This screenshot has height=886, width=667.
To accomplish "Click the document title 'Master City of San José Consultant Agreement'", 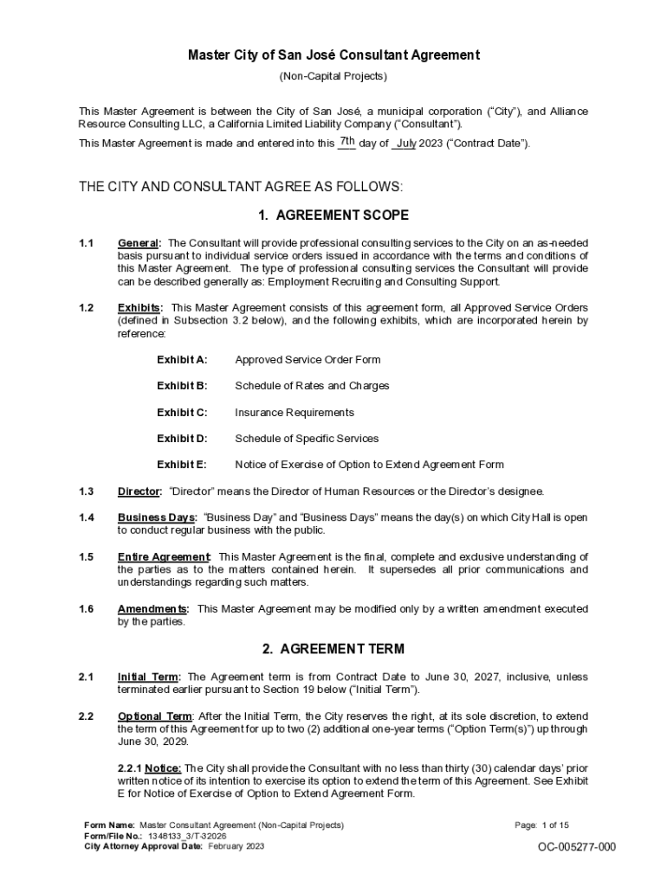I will (x=333, y=55).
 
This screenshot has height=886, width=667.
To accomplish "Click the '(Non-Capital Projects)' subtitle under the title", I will (x=333, y=76).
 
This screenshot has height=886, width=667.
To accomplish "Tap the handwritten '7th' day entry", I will (x=346, y=141).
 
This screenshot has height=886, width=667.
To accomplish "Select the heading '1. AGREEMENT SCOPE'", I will (x=333, y=215).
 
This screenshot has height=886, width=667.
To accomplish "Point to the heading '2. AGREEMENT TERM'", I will (x=333, y=649).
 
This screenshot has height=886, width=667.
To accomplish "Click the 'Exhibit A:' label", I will (x=182, y=360).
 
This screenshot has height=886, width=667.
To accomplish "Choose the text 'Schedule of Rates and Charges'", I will (x=312, y=386).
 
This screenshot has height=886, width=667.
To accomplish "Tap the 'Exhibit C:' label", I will (x=182, y=413).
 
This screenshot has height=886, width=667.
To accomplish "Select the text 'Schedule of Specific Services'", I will (x=307, y=439).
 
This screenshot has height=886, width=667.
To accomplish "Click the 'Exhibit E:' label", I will (x=182, y=465).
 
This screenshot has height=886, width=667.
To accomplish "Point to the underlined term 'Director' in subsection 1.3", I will (x=139, y=491).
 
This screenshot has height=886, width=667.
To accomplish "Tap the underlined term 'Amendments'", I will (x=152, y=609).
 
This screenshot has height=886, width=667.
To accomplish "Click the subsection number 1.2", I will (x=86, y=307).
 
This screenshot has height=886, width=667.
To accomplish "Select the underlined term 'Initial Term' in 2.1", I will (x=148, y=677).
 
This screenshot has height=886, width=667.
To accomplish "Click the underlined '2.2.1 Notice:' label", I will (x=150, y=768).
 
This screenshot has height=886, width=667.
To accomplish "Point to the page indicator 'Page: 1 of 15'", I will (x=541, y=825).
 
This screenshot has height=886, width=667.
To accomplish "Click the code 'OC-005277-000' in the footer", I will (x=577, y=847).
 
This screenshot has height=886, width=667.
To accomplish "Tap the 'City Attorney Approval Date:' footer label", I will (x=143, y=846).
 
